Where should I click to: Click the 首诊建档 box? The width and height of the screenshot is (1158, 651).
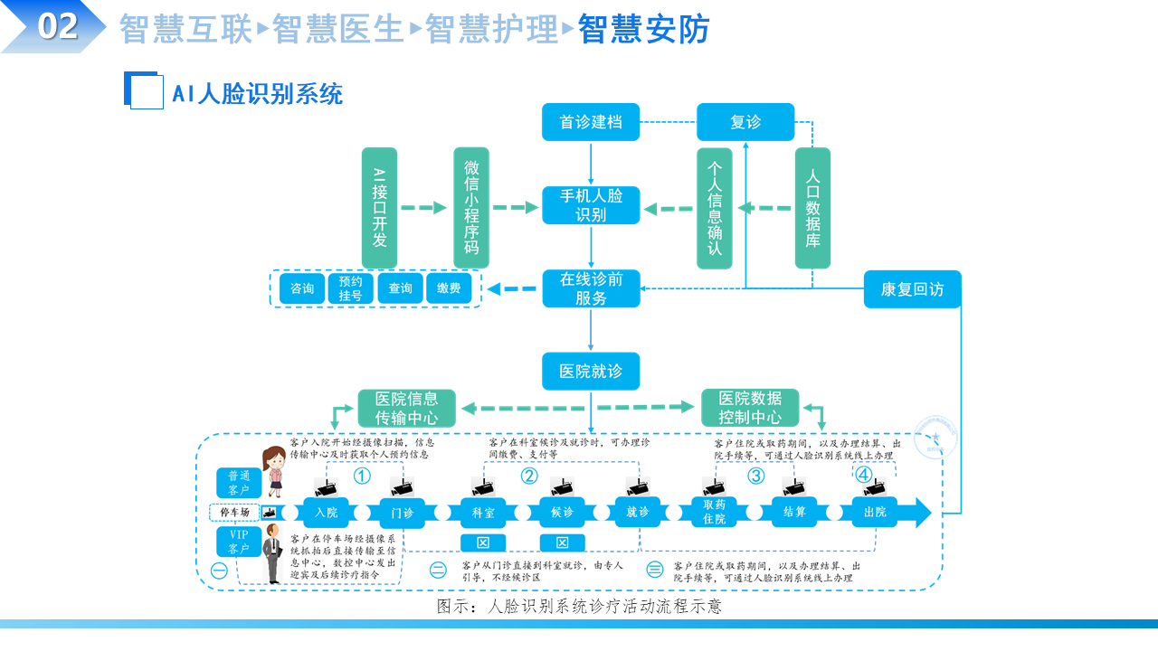(x=591, y=122)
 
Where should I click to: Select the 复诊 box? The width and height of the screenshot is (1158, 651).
(x=745, y=122)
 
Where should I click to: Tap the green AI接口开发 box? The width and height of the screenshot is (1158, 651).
(x=380, y=208)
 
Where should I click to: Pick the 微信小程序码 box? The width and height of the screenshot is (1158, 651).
(x=471, y=208)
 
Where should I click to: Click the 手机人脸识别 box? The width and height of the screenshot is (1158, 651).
(x=591, y=205)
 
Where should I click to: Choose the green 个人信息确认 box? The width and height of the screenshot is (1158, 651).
(x=715, y=209)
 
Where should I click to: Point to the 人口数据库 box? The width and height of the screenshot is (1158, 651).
(x=812, y=209)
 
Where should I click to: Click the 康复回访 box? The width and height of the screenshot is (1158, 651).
(x=912, y=289)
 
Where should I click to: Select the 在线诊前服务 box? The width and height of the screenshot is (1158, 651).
(x=591, y=288)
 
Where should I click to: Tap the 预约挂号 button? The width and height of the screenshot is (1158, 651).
(x=351, y=288)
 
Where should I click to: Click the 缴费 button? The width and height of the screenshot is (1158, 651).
(x=449, y=288)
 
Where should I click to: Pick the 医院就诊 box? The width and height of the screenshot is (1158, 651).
(x=591, y=372)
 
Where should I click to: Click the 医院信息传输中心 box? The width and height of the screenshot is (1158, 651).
(x=406, y=409)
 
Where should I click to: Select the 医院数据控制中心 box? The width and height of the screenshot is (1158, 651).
(x=750, y=409)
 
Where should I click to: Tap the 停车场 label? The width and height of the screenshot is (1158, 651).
(x=234, y=513)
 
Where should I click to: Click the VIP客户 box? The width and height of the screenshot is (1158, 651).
(x=239, y=542)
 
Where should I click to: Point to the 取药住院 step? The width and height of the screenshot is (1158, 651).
(x=715, y=513)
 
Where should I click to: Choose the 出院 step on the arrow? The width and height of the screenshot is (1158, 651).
(x=875, y=513)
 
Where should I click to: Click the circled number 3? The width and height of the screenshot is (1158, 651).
(x=755, y=476)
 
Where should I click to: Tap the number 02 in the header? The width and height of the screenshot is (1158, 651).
(x=58, y=26)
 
